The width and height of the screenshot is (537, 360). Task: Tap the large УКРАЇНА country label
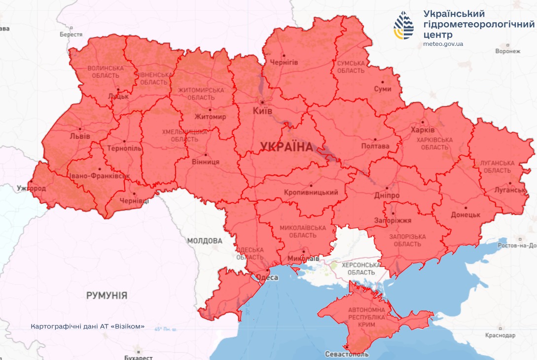coord(286,147)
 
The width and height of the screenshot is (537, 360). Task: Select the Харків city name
coord(423,130)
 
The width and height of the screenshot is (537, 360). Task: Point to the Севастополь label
coord(347,354)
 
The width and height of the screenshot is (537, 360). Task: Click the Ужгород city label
coord(31,188)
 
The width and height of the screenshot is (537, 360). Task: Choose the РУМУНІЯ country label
coord(107,295)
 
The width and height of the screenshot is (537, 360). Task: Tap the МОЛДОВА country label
coord(205,241)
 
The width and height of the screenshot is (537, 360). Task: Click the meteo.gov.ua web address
coord(443,44)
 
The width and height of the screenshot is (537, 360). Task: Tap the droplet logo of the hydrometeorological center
coord(404,26)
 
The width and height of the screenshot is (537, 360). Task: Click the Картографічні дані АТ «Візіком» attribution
coord(88,326)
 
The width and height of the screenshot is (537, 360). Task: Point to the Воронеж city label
coord(508,51)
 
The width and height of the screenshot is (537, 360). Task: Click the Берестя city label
coord(71,35)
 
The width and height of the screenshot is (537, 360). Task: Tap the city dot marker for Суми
coord(382,83)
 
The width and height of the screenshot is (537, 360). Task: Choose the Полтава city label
coord(375,146)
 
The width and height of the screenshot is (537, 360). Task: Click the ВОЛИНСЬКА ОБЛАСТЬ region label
coord(103,72)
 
